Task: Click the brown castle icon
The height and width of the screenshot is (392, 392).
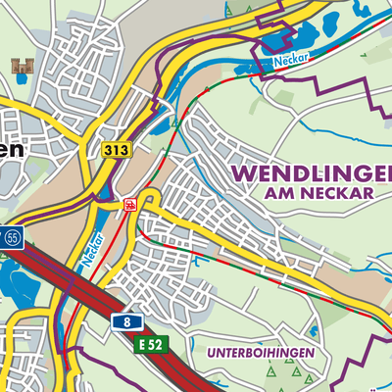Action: point(20,66)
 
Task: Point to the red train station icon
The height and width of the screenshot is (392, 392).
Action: point(129,204)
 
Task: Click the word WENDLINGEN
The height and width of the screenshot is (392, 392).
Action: point(312,171)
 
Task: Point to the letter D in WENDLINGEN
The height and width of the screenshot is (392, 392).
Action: point(300,171)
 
